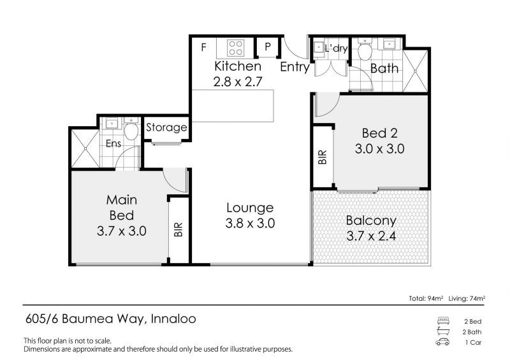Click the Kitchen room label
pyautogui.click(x=237, y=66)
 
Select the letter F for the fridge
pyautogui.click(x=203, y=47)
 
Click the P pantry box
pyautogui.click(x=267, y=48)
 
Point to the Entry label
pyautogui.click(x=295, y=66)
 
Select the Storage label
pyautogui.click(x=166, y=127)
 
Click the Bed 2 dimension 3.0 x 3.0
pyautogui.click(x=379, y=150)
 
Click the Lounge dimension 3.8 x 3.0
pyautogui.click(x=249, y=224)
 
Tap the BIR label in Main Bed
pyautogui.click(x=177, y=229)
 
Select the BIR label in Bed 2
pyautogui.click(x=322, y=156)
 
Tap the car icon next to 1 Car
pyautogui.click(x=442, y=342)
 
